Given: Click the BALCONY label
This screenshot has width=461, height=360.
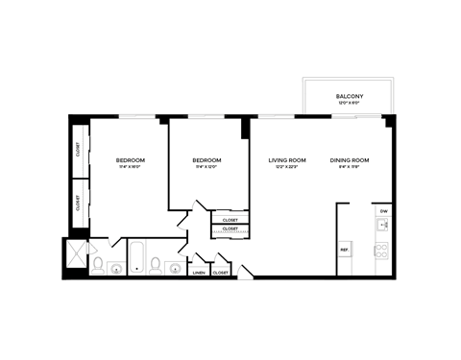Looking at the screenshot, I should coord(349,96).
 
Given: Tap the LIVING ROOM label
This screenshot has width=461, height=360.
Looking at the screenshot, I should coord(286,159).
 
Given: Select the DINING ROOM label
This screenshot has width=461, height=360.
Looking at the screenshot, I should coord(347,159).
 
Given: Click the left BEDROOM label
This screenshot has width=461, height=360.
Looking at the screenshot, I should coord(130,159).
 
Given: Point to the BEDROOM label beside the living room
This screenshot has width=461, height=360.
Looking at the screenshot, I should coord(206,159).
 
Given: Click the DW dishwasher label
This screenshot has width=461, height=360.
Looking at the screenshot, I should coord(383,210).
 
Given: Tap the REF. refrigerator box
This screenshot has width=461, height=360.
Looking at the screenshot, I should coord(344,250).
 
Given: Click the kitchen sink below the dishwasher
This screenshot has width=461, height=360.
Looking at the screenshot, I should coord(381,227).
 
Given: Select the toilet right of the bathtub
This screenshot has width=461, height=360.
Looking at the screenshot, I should coord(156,265).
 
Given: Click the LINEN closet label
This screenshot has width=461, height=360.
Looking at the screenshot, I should coord(199,273).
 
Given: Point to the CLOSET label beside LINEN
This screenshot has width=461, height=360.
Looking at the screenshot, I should coord(220,273).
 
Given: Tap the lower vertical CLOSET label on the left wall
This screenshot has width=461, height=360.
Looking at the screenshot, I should coord(78,203).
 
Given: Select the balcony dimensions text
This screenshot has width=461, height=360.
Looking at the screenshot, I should coord(349,104).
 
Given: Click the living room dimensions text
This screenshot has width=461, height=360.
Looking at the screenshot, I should coord(286,167).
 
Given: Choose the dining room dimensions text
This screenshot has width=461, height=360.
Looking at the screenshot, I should coord(347,167).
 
